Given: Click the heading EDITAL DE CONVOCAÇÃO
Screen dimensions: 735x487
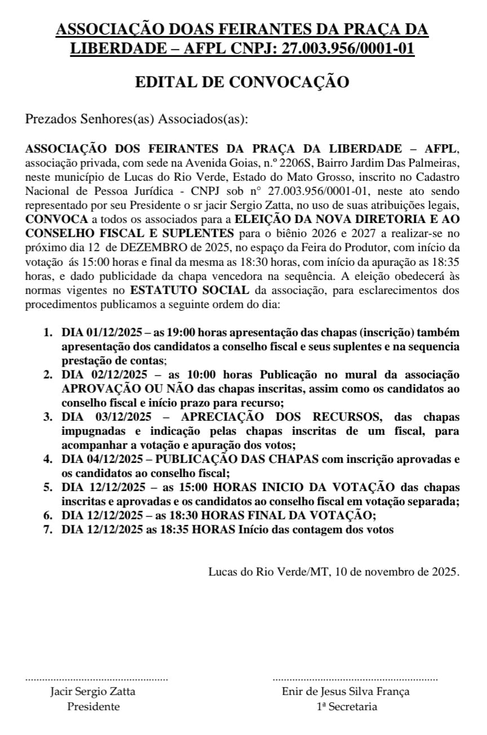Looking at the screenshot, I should pyautogui.click(x=242, y=82).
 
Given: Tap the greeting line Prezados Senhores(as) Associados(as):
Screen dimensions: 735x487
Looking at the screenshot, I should pyautogui.click(x=137, y=119).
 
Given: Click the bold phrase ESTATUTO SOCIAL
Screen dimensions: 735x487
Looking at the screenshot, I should pyautogui.click(x=189, y=291).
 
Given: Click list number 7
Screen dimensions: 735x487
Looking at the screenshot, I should pyautogui.click(x=48, y=529).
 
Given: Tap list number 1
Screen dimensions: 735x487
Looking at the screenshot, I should pyautogui.click(x=48, y=332).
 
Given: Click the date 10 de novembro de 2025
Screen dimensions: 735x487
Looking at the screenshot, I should pyautogui.click(x=397, y=572).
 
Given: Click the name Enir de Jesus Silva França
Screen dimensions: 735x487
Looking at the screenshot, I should pyautogui.click(x=346, y=692).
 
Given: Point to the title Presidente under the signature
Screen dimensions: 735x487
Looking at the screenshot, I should pyautogui.click(x=93, y=707).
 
